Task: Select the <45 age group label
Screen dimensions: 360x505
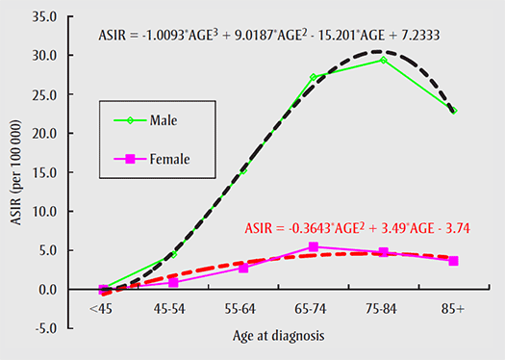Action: click(x=103, y=309)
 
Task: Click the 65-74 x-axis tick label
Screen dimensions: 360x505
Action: click(x=314, y=309)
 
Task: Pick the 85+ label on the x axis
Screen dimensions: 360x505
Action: click(x=453, y=309)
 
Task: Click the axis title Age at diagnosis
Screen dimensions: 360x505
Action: click(x=278, y=337)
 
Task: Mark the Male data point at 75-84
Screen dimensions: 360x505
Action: click(x=383, y=60)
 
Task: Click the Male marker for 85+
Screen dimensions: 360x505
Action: click(x=453, y=111)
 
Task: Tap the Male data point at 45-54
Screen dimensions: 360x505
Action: click(x=173, y=254)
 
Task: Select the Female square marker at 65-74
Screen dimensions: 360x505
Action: click(x=314, y=246)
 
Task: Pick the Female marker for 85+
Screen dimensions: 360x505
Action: click(x=453, y=261)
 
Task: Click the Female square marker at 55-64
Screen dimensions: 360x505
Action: click(x=243, y=268)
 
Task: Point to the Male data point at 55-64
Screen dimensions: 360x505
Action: click(x=243, y=169)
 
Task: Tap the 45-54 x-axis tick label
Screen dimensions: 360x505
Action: click(x=173, y=309)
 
